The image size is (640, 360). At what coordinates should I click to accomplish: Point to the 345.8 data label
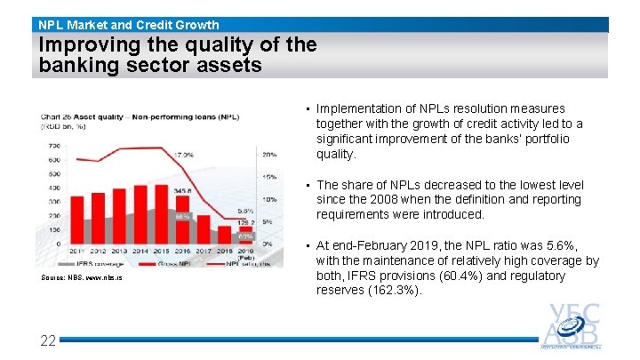tap(183, 190)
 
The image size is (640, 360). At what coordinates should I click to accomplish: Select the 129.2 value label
tap(246, 222)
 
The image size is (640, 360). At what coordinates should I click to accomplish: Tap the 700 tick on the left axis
tap(53, 145)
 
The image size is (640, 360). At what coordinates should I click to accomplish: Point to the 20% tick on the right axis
tap(268, 155)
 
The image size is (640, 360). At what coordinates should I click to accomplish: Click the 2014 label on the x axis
tap(141, 252)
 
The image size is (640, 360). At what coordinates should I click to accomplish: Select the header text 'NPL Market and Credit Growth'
tap(129, 25)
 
